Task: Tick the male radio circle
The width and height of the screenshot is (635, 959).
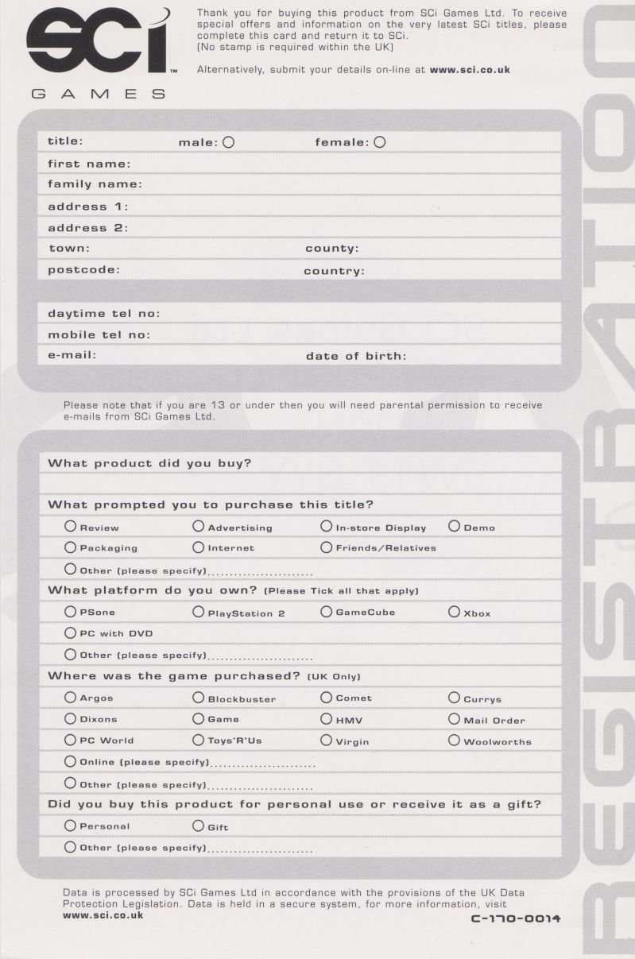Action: pyautogui.click(x=229, y=142)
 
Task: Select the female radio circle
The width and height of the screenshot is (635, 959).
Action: pyautogui.click(x=380, y=142)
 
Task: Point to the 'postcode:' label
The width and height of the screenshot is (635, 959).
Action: pyautogui.click(x=83, y=269)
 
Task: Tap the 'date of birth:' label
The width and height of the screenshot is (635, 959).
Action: pyautogui.click(x=355, y=356)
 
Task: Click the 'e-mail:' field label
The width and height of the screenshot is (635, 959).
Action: pyautogui.click(x=72, y=355)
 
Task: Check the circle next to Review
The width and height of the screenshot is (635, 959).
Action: pyautogui.click(x=71, y=526)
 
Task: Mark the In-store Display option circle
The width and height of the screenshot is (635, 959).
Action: pyautogui.click(x=326, y=526)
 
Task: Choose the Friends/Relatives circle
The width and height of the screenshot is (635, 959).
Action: pyautogui.click(x=326, y=547)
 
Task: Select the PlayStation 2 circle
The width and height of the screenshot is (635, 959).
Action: pyautogui.click(x=199, y=612)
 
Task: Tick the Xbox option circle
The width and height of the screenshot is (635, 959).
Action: pyautogui.click(x=454, y=612)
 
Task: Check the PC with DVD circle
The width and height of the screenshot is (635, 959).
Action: pyautogui.click(x=71, y=632)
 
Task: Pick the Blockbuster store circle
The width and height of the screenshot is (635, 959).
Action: pyautogui.click(x=199, y=698)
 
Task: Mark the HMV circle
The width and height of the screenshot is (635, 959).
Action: pyautogui.click(x=326, y=718)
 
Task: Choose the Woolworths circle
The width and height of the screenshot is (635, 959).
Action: pyautogui.click(x=454, y=740)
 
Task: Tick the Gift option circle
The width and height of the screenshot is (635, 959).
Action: pyautogui.click(x=199, y=826)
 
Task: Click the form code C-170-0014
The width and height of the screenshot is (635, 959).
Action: pyautogui.click(x=516, y=918)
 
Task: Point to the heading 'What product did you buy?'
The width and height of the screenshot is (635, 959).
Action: pyautogui.click(x=149, y=463)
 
